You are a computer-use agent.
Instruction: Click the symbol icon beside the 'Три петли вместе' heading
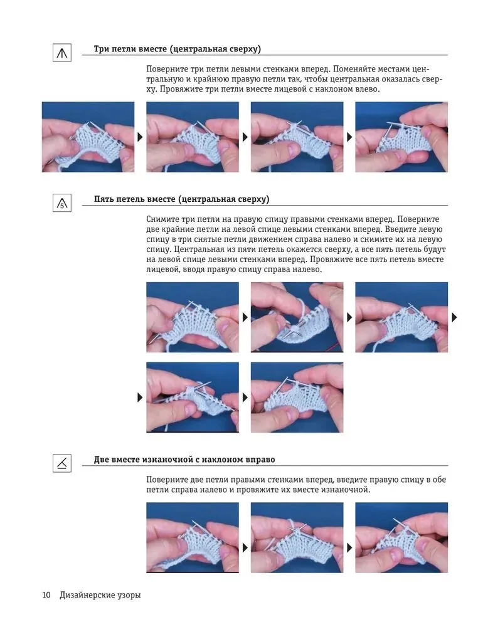coord(62,53)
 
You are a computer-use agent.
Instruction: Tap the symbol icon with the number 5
coord(62,203)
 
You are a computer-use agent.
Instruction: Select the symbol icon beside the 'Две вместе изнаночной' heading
coord(62,463)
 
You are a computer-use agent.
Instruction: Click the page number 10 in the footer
coord(46,595)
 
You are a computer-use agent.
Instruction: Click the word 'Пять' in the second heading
coord(104,199)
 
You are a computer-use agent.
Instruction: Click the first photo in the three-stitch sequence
coord(88,137)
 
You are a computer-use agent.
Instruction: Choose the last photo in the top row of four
coord(401,137)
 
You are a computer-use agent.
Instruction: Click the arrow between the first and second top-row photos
coord(140,137)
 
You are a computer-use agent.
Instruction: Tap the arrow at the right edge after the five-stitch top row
coord(454,317)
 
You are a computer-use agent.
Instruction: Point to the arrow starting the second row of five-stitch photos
coord(140,398)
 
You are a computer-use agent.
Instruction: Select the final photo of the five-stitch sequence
coord(297,397)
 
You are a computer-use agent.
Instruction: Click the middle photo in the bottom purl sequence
coord(297,537)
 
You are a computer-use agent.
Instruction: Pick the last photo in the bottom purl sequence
coord(401,537)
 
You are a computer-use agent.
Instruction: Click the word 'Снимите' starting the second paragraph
coord(162,219)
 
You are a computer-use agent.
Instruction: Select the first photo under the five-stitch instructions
coord(193,317)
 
